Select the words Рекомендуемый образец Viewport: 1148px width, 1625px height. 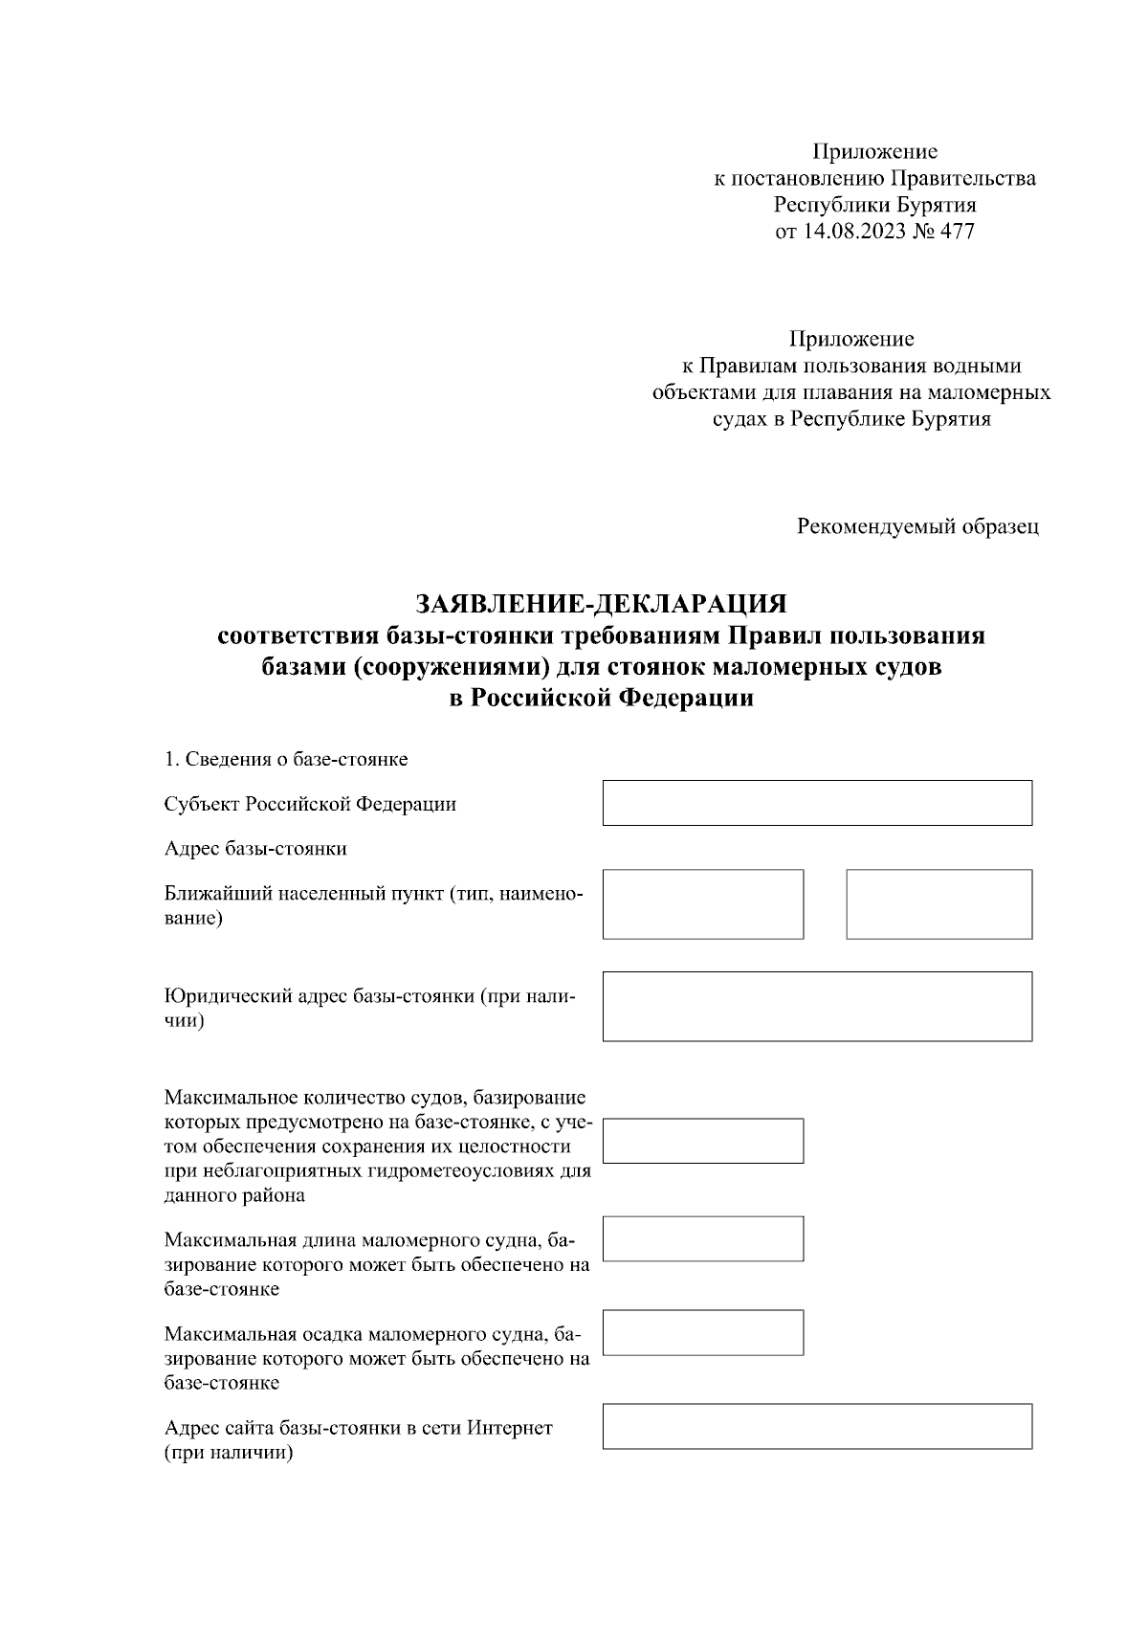point(917,526)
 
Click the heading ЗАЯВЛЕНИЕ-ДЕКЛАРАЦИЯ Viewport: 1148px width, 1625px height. point(601,605)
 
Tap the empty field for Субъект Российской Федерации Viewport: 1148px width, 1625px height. point(817,803)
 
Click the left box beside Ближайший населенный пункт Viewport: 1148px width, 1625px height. point(703,904)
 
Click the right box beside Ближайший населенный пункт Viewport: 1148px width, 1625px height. point(938,904)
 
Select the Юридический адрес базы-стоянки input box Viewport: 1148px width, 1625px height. point(817,1006)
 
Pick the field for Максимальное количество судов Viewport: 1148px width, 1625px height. point(703,1141)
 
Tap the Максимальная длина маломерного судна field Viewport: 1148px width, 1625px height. point(703,1238)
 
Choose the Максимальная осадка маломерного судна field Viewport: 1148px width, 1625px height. point(703,1333)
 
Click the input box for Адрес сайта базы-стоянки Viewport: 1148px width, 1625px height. point(817,1426)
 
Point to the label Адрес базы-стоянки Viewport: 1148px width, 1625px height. point(255,849)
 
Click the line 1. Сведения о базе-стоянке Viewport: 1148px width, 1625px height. point(286,760)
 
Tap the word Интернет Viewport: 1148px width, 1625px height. point(510,1429)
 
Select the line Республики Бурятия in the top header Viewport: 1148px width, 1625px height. point(874,205)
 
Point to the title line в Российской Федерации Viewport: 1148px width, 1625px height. point(601,700)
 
